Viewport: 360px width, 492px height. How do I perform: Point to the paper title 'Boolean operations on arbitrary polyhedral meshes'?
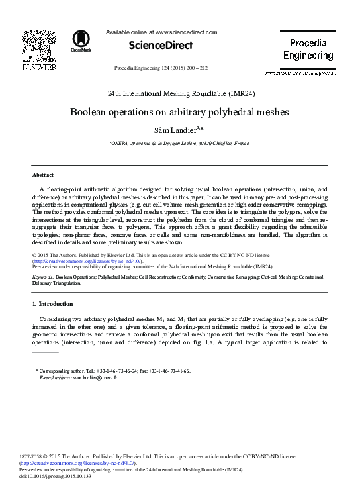pos(179,111)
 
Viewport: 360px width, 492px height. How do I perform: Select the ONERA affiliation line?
pos(179,143)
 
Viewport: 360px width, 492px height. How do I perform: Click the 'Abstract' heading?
pos(43,175)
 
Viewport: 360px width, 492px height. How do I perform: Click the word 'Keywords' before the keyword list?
pos(42,276)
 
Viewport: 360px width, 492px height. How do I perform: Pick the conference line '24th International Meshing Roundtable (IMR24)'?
pos(179,93)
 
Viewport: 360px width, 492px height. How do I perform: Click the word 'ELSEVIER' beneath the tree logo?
pos(35,68)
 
